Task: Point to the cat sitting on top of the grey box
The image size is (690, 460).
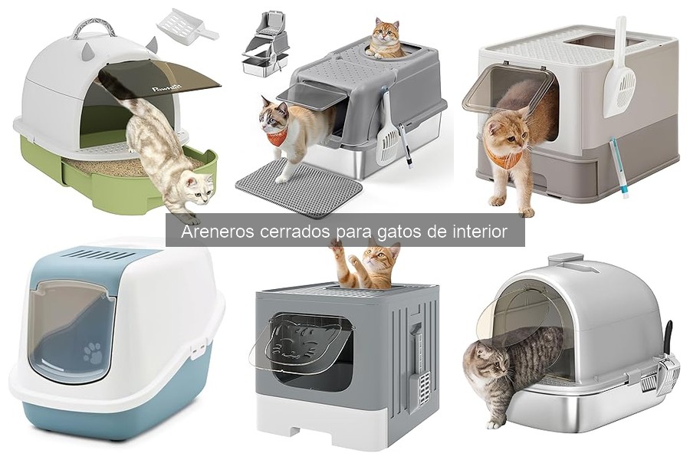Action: (386, 39)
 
